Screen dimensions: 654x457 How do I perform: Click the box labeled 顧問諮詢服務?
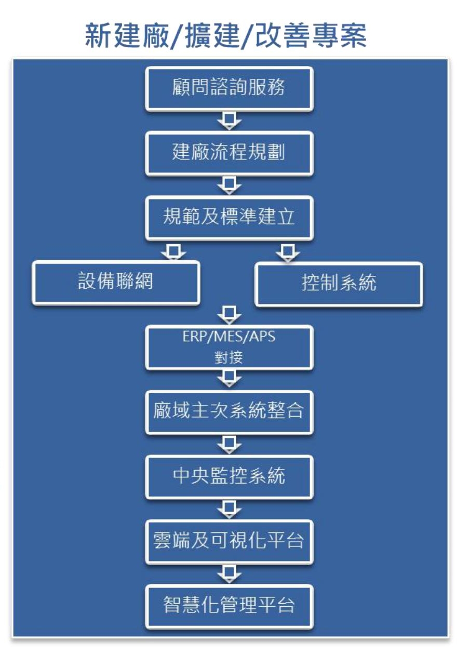pos(228,88)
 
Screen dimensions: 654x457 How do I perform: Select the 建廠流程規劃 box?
pos(228,153)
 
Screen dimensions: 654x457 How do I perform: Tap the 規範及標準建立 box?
pos(228,218)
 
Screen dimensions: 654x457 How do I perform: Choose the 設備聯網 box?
pos(116,282)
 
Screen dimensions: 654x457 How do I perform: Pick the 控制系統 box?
pos(339,284)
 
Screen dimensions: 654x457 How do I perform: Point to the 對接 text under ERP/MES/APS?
pos(228,358)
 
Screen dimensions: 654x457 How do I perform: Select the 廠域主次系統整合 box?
pos(228,412)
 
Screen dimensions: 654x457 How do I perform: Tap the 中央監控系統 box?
pos(228,476)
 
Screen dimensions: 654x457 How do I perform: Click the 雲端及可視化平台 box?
pos(228,541)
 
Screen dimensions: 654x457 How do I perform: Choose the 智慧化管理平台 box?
pos(228,606)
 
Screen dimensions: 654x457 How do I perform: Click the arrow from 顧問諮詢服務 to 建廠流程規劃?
pos(229,121)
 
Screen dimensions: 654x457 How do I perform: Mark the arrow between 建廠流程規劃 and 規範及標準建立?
pos(229,185)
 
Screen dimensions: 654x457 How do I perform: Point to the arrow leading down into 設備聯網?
pos(173,251)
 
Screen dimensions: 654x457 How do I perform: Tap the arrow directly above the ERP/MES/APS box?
pos(229,315)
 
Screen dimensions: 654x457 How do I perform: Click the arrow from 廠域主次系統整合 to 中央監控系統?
pos(229,444)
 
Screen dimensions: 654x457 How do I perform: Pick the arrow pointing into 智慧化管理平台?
pos(229,573)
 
